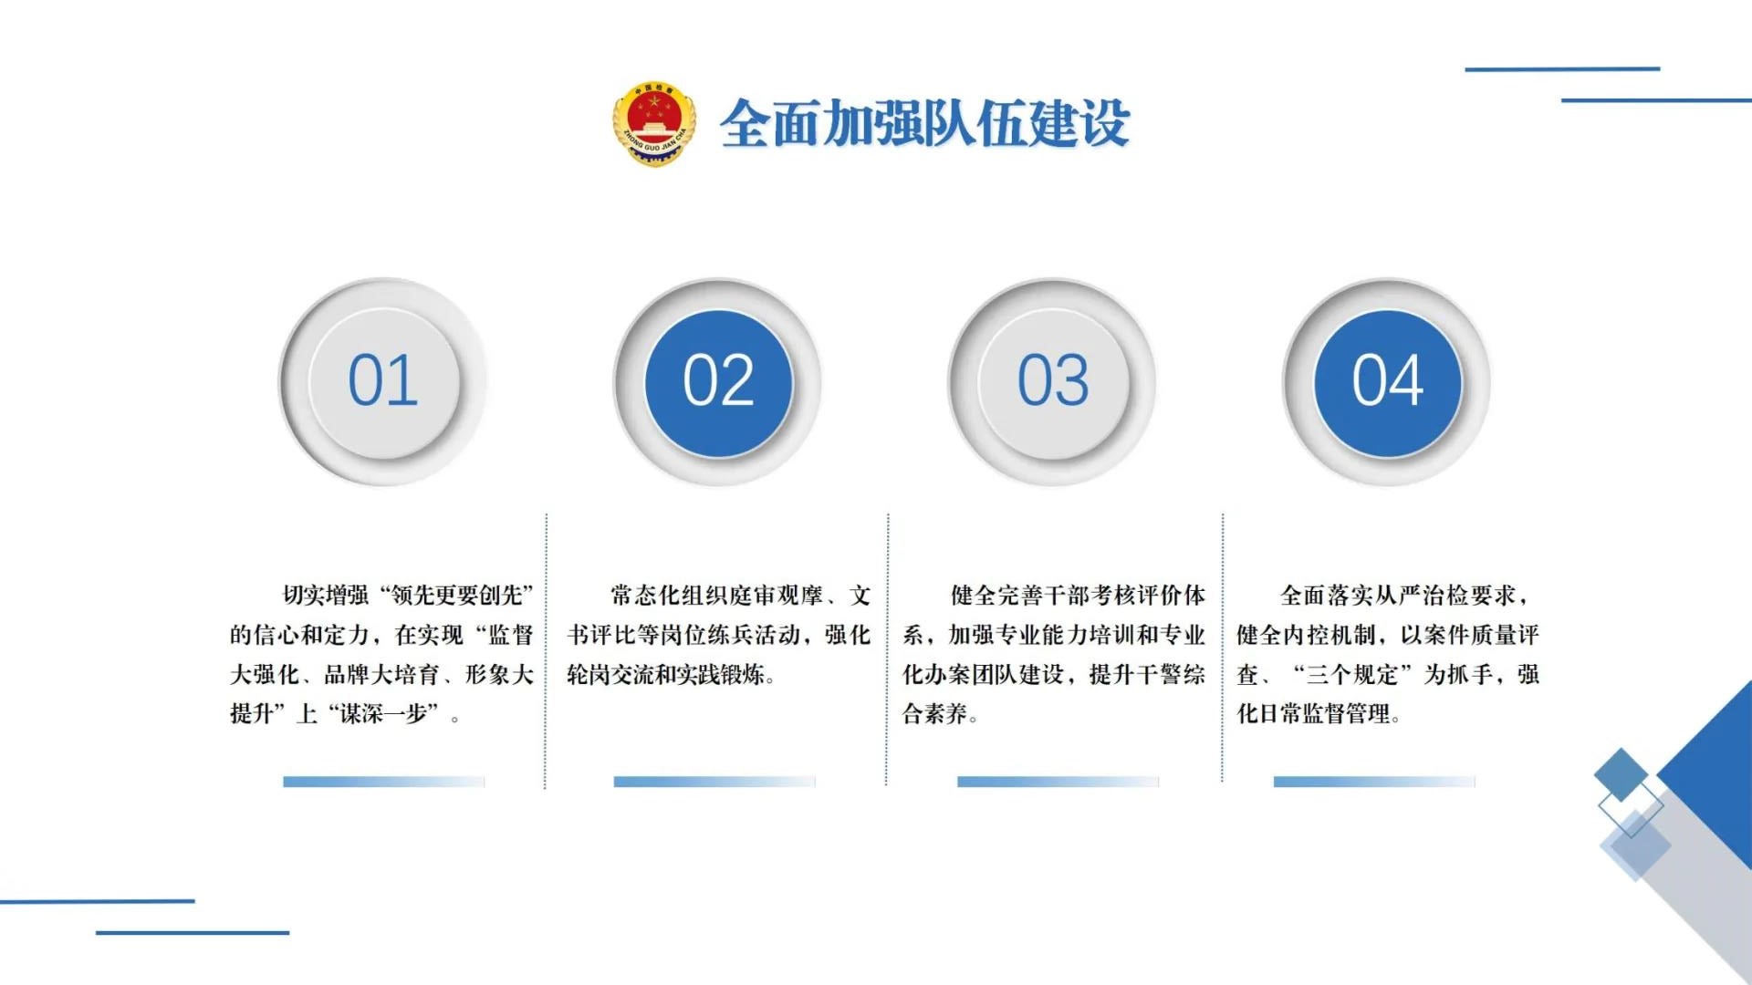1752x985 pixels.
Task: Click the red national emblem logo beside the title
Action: point(653,123)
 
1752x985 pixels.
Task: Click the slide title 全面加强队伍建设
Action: point(925,123)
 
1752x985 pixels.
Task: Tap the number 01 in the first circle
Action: point(383,380)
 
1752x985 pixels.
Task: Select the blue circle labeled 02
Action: point(718,383)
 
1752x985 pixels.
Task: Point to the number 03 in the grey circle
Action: point(1053,380)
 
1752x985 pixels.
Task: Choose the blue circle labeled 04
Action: point(1387,383)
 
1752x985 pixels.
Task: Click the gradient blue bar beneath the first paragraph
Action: point(383,782)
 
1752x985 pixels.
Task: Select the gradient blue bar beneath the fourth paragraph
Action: point(1374,782)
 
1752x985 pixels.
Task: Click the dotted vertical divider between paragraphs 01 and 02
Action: point(546,650)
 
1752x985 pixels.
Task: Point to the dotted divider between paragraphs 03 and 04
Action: point(1222,648)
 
